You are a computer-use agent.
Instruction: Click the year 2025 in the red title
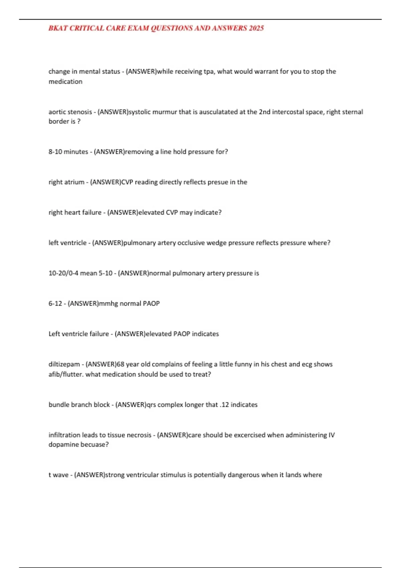[x=256, y=28]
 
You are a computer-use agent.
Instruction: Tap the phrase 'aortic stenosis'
[x=70, y=112]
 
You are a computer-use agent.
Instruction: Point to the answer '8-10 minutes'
[x=68, y=152]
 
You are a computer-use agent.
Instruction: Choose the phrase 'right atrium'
[x=66, y=182]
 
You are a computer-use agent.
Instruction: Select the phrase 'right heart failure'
[x=75, y=212]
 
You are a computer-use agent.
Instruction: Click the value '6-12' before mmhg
[x=55, y=304]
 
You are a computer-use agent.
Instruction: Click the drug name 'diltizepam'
[x=64, y=364]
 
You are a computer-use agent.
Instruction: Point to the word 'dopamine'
[x=62, y=445]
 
